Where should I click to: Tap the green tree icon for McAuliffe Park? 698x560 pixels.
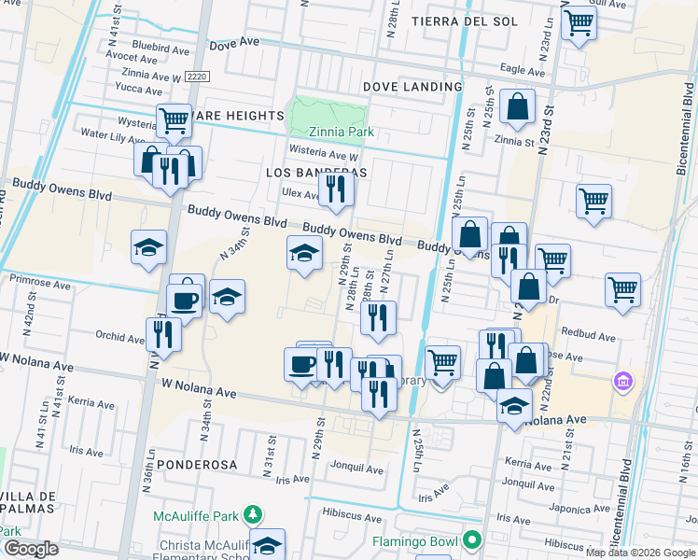coord(251,514)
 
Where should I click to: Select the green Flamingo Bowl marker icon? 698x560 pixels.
coord(473,540)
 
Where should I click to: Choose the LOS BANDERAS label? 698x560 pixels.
coord(316,173)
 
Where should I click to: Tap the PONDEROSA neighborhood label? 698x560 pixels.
coord(197,464)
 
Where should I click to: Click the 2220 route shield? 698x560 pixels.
coord(196,77)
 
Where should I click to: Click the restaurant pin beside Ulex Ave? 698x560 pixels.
coord(335,189)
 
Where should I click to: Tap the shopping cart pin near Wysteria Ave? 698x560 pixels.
coord(174,119)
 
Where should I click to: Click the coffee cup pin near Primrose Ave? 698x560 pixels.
coord(183,300)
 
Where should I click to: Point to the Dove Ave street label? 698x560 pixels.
coord(231,45)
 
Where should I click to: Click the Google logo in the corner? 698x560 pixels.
coord(31,549)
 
